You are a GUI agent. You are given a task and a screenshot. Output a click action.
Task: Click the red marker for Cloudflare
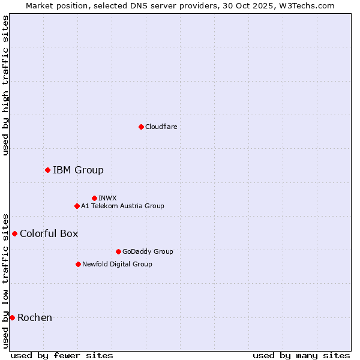[141, 127]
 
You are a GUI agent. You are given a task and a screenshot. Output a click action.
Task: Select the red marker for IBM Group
[47, 170]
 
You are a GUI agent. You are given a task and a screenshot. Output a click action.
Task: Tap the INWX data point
[94, 198]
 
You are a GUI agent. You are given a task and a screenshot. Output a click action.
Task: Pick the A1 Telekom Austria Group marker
[77, 206]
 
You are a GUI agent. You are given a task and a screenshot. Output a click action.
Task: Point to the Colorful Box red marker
[14, 233]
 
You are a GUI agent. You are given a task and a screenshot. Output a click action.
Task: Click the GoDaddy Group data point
[118, 251]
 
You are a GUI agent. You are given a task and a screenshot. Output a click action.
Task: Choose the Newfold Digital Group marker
[78, 264]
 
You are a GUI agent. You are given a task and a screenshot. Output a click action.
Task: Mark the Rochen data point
[12, 317]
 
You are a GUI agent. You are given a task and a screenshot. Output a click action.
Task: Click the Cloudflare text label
[161, 127]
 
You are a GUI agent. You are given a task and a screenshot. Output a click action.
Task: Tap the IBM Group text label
[78, 170]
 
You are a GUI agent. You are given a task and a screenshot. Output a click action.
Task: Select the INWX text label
[107, 198]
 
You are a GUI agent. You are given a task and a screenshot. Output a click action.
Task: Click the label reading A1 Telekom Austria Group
[122, 206]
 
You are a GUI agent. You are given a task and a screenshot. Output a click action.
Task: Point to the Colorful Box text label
[49, 233]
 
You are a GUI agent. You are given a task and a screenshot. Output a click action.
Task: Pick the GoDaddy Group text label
[148, 251]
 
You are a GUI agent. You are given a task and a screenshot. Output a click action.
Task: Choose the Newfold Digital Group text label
[117, 264]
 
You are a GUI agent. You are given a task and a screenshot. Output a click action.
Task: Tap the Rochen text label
[35, 317]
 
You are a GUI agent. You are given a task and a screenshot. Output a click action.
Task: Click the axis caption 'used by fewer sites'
[62, 355]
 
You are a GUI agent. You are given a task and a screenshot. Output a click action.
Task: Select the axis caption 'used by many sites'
[301, 355]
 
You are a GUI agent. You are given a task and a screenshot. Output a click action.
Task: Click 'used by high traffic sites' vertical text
[5, 85]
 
